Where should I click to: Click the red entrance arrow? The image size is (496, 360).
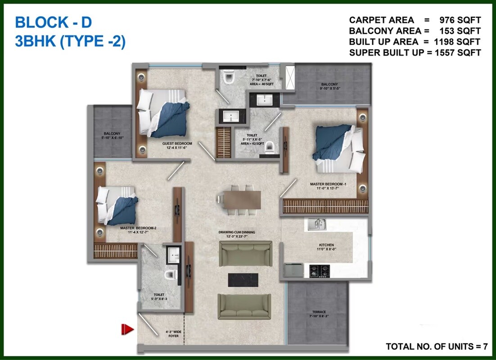click(128, 330)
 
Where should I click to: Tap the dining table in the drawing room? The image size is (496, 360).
click(239, 198)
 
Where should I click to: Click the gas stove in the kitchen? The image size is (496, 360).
click(319, 270)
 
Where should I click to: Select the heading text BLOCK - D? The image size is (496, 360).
click(53, 22)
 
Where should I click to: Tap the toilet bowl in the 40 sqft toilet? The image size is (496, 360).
click(229, 78)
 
